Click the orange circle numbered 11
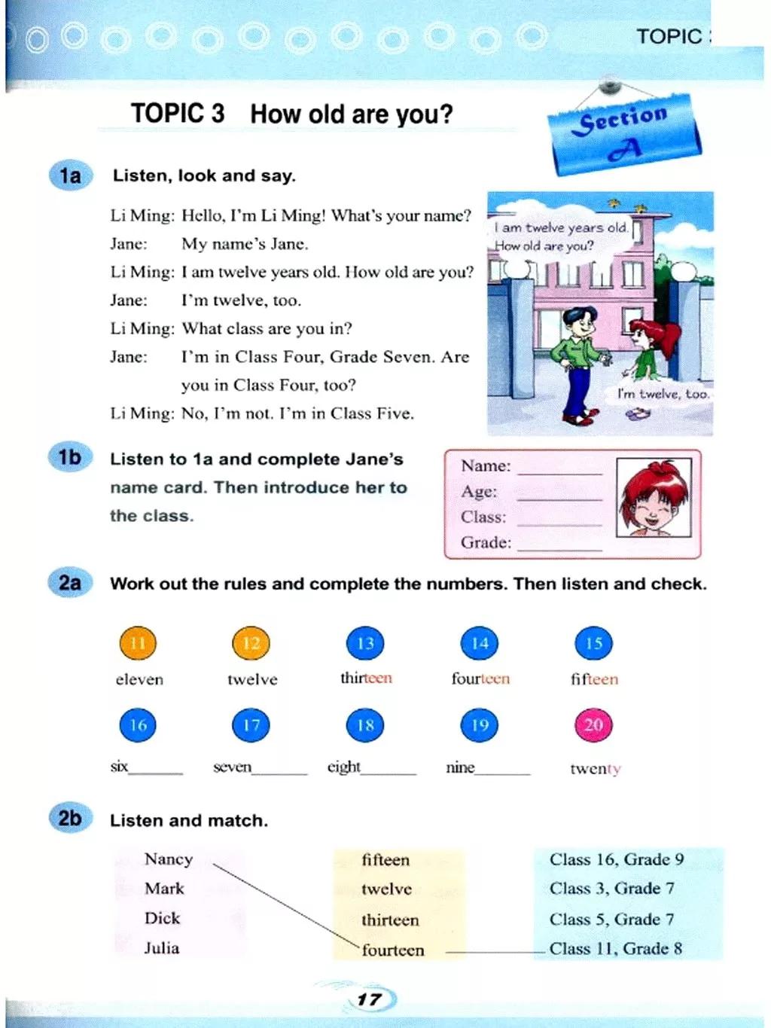137,643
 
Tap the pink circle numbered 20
593,725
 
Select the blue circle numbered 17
251,725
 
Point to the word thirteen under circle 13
366,678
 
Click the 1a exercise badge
69,175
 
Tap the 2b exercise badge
69,818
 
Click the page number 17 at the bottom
369,999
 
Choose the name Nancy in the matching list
169,859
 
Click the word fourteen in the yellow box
393,950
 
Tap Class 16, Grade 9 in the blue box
617,859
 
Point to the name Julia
162,947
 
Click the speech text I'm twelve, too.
663,393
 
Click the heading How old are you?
352,114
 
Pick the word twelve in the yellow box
386,889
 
